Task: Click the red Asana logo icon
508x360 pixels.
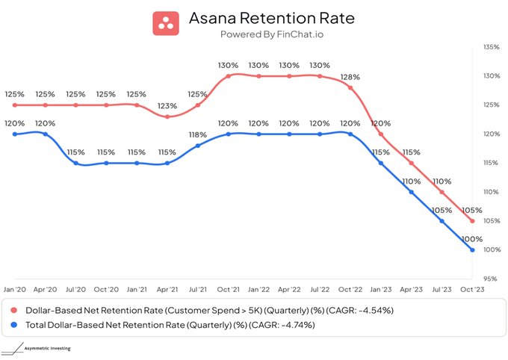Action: point(167,22)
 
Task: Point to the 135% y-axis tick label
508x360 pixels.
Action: point(491,47)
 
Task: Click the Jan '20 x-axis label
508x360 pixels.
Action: point(15,289)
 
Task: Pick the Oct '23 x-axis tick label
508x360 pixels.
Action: point(473,289)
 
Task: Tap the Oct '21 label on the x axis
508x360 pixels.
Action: point(229,289)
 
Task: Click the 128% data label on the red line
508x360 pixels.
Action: point(350,77)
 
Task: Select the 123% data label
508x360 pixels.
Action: point(167,106)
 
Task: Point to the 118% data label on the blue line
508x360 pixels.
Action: point(197,134)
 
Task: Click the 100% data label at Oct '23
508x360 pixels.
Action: point(473,239)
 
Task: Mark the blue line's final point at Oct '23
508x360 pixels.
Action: point(472,249)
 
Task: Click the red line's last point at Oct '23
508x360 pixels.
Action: point(472,221)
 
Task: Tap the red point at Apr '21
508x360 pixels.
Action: point(167,117)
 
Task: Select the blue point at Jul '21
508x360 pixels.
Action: point(198,146)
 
